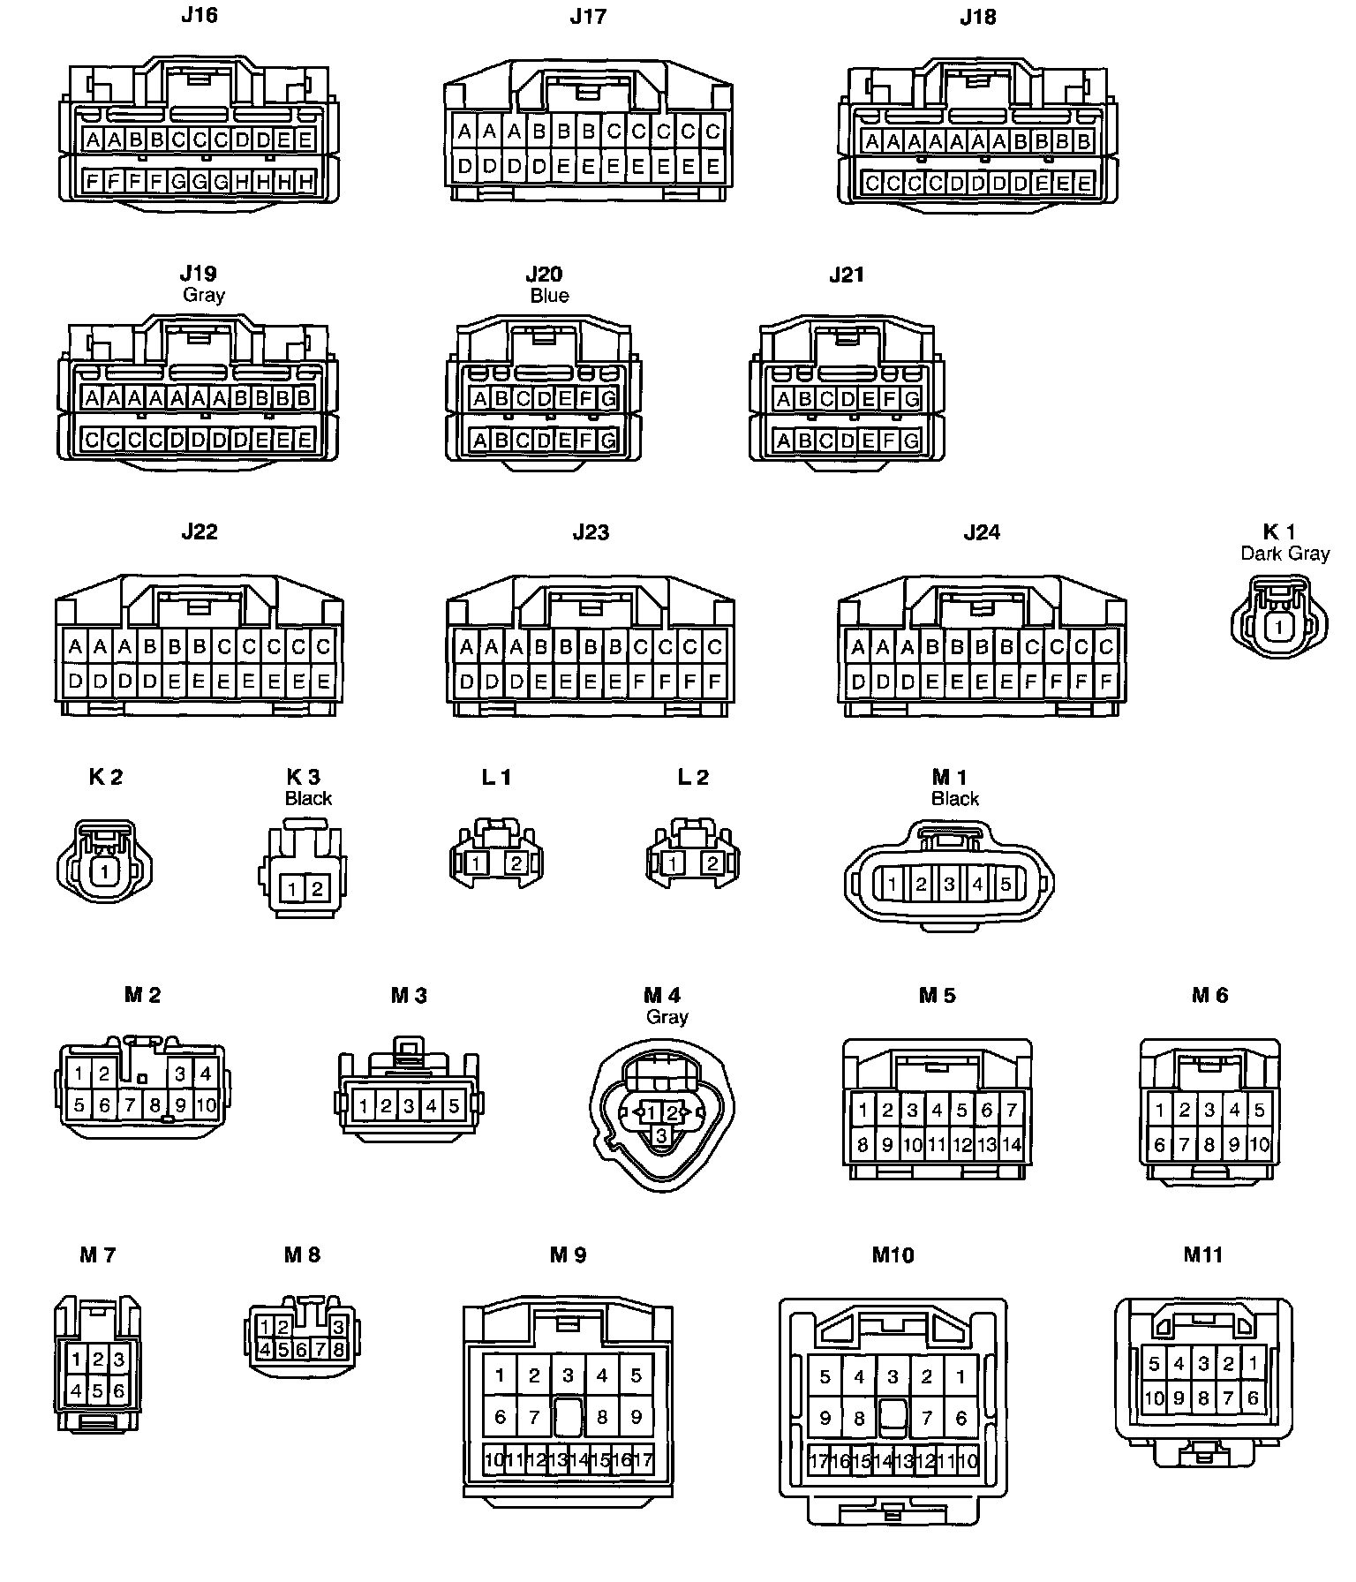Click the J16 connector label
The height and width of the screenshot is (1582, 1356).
(x=199, y=15)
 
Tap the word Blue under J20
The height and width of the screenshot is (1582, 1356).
(x=549, y=296)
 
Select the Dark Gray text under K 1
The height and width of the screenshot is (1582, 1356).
(x=1284, y=554)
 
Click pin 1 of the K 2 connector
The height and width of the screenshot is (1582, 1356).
(x=105, y=871)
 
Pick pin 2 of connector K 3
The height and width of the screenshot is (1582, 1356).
(x=317, y=889)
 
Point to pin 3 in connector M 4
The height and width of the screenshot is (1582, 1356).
(x=661, y=1136)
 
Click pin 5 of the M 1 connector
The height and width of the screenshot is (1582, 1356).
(x=1006, y=884)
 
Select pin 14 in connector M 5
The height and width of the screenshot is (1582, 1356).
(x=1012, y=1146)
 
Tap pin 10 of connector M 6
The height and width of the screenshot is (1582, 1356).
(x=1259, y=1146)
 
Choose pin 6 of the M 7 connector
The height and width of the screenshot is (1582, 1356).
(x=119, y=1392)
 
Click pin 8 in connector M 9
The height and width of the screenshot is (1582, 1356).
(x=602, y=1418)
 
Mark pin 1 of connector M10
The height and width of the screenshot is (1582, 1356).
(x=960, y=1376)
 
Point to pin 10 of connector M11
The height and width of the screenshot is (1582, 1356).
(x=1155, y=1398)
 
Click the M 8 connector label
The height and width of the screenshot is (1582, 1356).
(x=302, y=1254)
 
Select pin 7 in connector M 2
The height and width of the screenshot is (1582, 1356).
(x=130, y=1105)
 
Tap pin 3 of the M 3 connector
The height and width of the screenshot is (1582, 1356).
(x=409, y=1105)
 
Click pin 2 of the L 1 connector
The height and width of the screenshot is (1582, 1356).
(x=516, y=863)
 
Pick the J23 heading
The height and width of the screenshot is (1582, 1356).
(x=591, y=531)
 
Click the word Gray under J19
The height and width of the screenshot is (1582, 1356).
(x=203, y=295)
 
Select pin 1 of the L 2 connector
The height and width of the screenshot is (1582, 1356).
(x=673, y=863)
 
